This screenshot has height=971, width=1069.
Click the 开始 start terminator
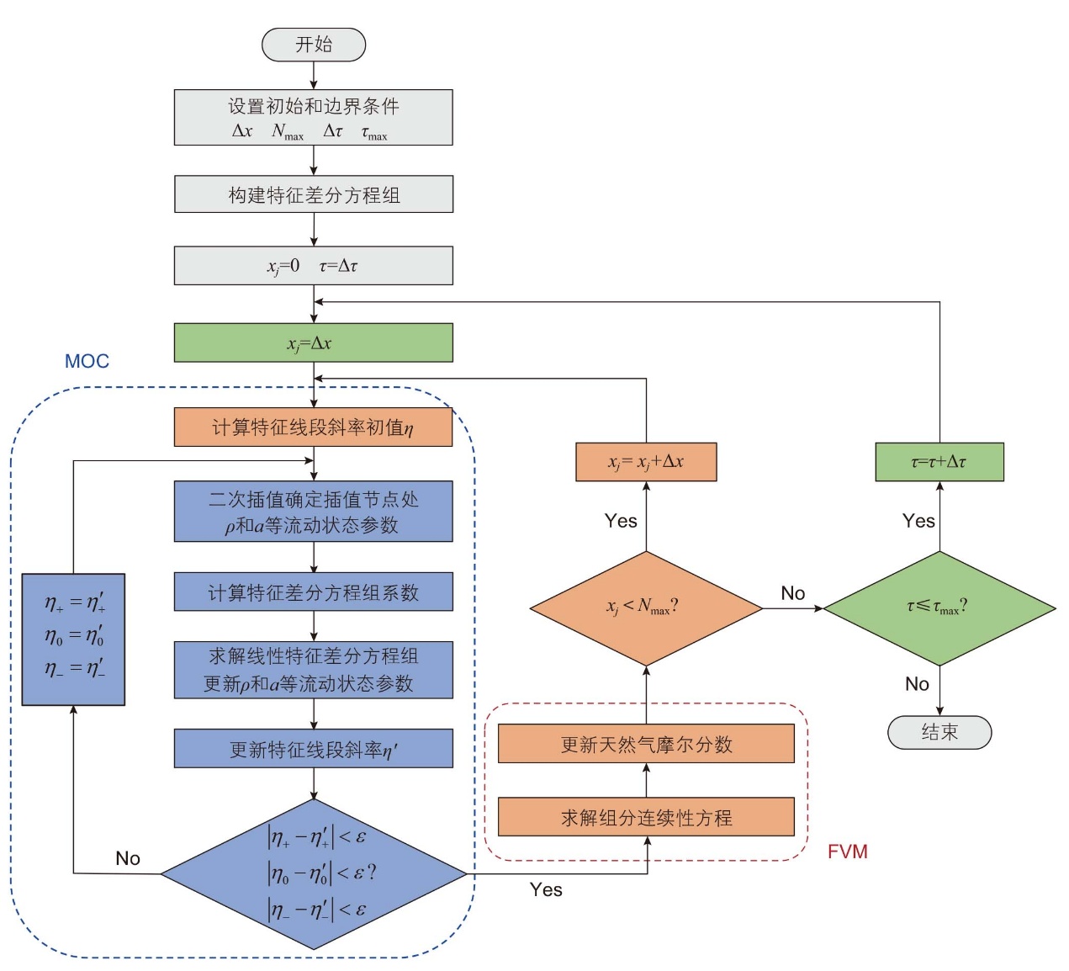point(314,45)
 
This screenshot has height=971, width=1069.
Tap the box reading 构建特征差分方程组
point(314,194)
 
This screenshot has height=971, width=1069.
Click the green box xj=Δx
point(314,342)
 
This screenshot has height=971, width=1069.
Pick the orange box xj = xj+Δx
point(646,461)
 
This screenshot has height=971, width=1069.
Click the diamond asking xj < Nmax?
point(646,608)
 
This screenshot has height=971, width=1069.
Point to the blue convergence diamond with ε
point(314,873)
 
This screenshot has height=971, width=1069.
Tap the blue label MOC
point(87,361)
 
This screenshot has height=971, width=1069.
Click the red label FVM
point(847,851)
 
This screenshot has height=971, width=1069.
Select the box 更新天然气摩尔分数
point(646,743)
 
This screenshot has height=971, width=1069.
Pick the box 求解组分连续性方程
point(646,816)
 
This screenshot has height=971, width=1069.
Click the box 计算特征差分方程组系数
point(314,592)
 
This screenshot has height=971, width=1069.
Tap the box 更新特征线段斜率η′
point(314,748)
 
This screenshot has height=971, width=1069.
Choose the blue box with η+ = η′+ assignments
point(73,639)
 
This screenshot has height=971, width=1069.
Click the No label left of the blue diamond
point(128,858)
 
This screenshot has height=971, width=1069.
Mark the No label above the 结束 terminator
point(917,683)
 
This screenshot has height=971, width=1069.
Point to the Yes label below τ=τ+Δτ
point(918,521)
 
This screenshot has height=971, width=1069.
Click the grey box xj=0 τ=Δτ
point(314,265)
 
